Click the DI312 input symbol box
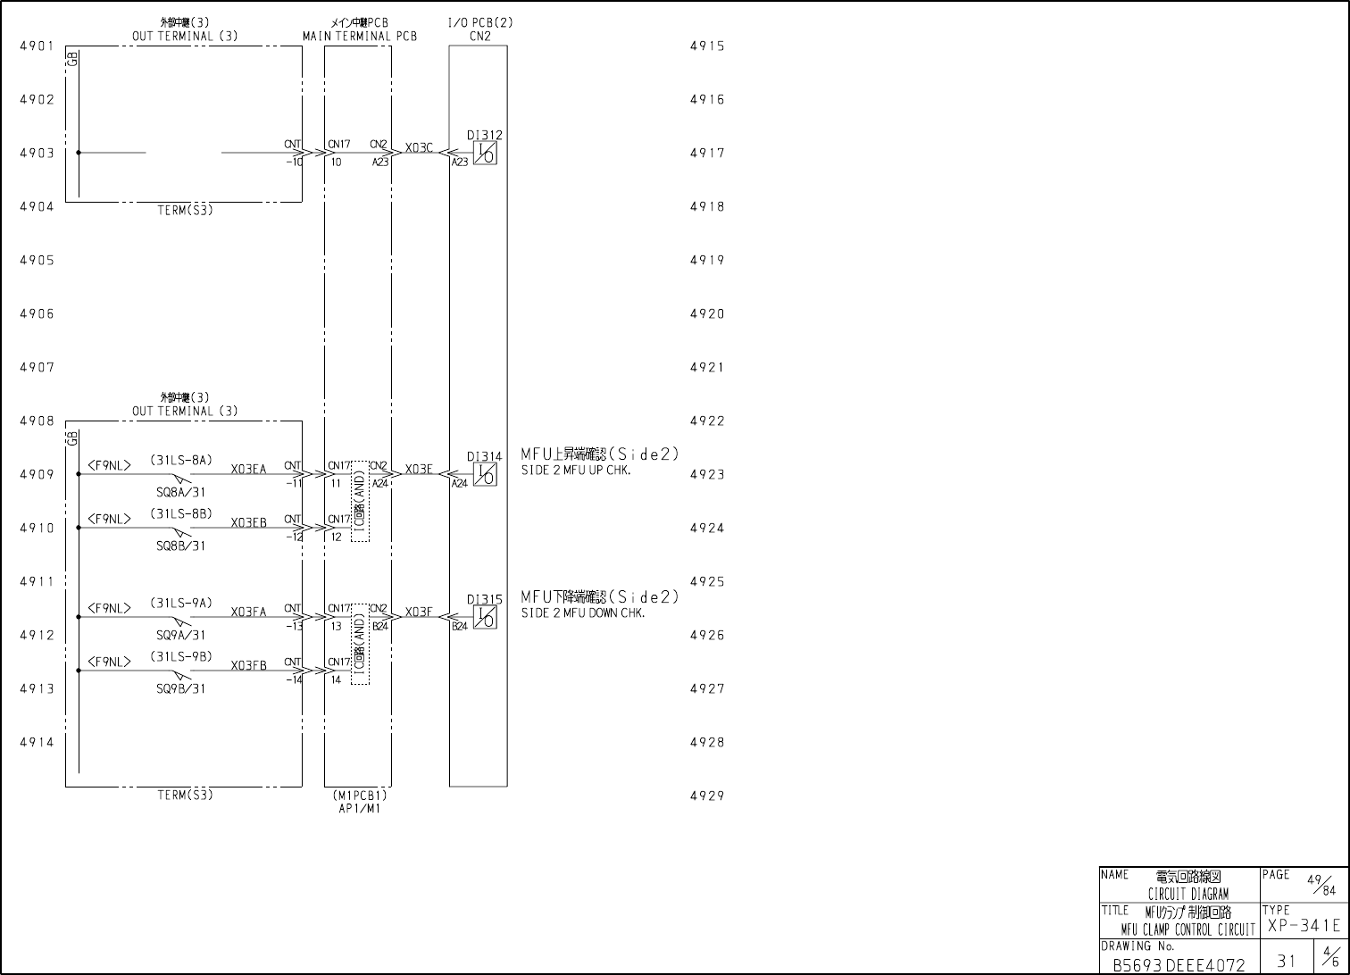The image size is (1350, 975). tap(485, 153)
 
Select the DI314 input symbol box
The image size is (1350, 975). tap(485, 474)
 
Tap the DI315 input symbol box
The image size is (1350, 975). tap(485, 617)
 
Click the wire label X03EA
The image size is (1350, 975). tap(248, 470)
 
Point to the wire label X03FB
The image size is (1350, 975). tap(248, 666)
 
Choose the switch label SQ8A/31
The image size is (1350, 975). tap(181, 492)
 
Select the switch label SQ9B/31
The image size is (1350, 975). tap(181, 688)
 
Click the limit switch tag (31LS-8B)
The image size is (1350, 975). tap(181, 513)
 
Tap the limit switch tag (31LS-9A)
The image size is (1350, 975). tap(181, 603)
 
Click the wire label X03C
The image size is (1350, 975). tap(419, 147)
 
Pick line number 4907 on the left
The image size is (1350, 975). tap(37, 367)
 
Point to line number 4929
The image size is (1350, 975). tap(707, 796)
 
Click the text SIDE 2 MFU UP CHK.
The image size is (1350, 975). tap(576, 471)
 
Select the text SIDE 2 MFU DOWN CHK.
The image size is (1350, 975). tap(583, 613)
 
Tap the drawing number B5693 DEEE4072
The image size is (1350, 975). tap(1179, 965)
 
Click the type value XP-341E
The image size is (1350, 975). tap(1304, 927)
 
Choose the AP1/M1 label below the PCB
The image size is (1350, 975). tap(359, 808)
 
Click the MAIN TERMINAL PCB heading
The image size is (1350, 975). tap(359, 37)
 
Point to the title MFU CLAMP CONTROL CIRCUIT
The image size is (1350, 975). tap(1187, 929)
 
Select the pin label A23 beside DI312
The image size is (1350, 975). tap(459, 162)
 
